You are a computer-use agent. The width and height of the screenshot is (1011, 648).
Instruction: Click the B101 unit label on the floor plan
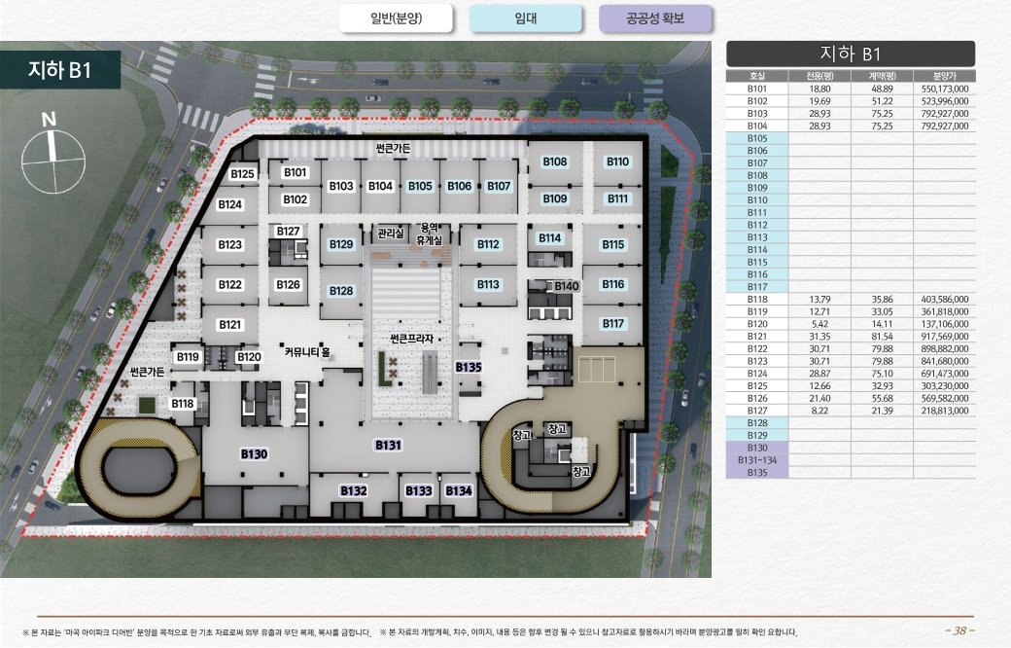pyautogui.click(x=296, y=172)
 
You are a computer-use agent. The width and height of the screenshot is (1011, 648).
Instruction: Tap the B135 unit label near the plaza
pyautogui.click(x=469, y=367)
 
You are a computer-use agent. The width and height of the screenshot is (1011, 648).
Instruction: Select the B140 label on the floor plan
pyautogui.click(x=567, y=286)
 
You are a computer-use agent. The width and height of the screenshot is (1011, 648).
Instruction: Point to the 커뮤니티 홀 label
pyautogui.click(x=307, y=352)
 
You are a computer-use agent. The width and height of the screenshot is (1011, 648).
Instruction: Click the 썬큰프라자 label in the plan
pyautogui.click(x=411, y=339)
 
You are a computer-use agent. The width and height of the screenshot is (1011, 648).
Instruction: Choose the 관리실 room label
pyautogui.click(x=391, y=233)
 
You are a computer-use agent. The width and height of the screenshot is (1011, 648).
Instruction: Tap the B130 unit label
pyautogui.click(x=254, y=454)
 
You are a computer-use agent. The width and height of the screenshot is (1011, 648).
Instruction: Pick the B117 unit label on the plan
pyautogui.click(x=613, y=323)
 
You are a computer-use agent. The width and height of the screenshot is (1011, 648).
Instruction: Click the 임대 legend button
pyautogui.click(x=526, y=18)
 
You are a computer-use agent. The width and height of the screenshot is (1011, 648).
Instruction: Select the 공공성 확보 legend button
pyautogui.click(x=655, y=18)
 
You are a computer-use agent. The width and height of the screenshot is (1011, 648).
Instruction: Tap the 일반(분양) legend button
pyautogui.click(x=396, y=18)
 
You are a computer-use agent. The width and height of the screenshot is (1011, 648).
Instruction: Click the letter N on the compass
pyautogui.click(x=49, y=120)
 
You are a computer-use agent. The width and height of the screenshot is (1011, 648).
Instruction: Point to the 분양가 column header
pyautogui.click(x=945, y=76)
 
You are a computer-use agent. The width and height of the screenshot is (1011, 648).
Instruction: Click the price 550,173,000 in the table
pyautogui.click(x=945, y=89)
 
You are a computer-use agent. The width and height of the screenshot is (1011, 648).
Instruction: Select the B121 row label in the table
pyautogui.click(x=757, y=337)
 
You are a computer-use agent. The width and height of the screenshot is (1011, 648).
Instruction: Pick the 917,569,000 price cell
pyautogui.click(x=945, y=337)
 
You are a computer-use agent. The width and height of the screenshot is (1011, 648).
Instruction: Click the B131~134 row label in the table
pyautogui.click(x=757, y=460)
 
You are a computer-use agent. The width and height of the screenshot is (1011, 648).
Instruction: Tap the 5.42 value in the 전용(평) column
pyautogui.click(x=820, y=324)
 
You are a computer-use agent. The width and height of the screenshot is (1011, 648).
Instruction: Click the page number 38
pyautogui.click(x=960, y=630)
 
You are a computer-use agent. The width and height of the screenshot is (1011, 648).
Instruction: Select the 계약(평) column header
pyautogui.click(x=882, y=76)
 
